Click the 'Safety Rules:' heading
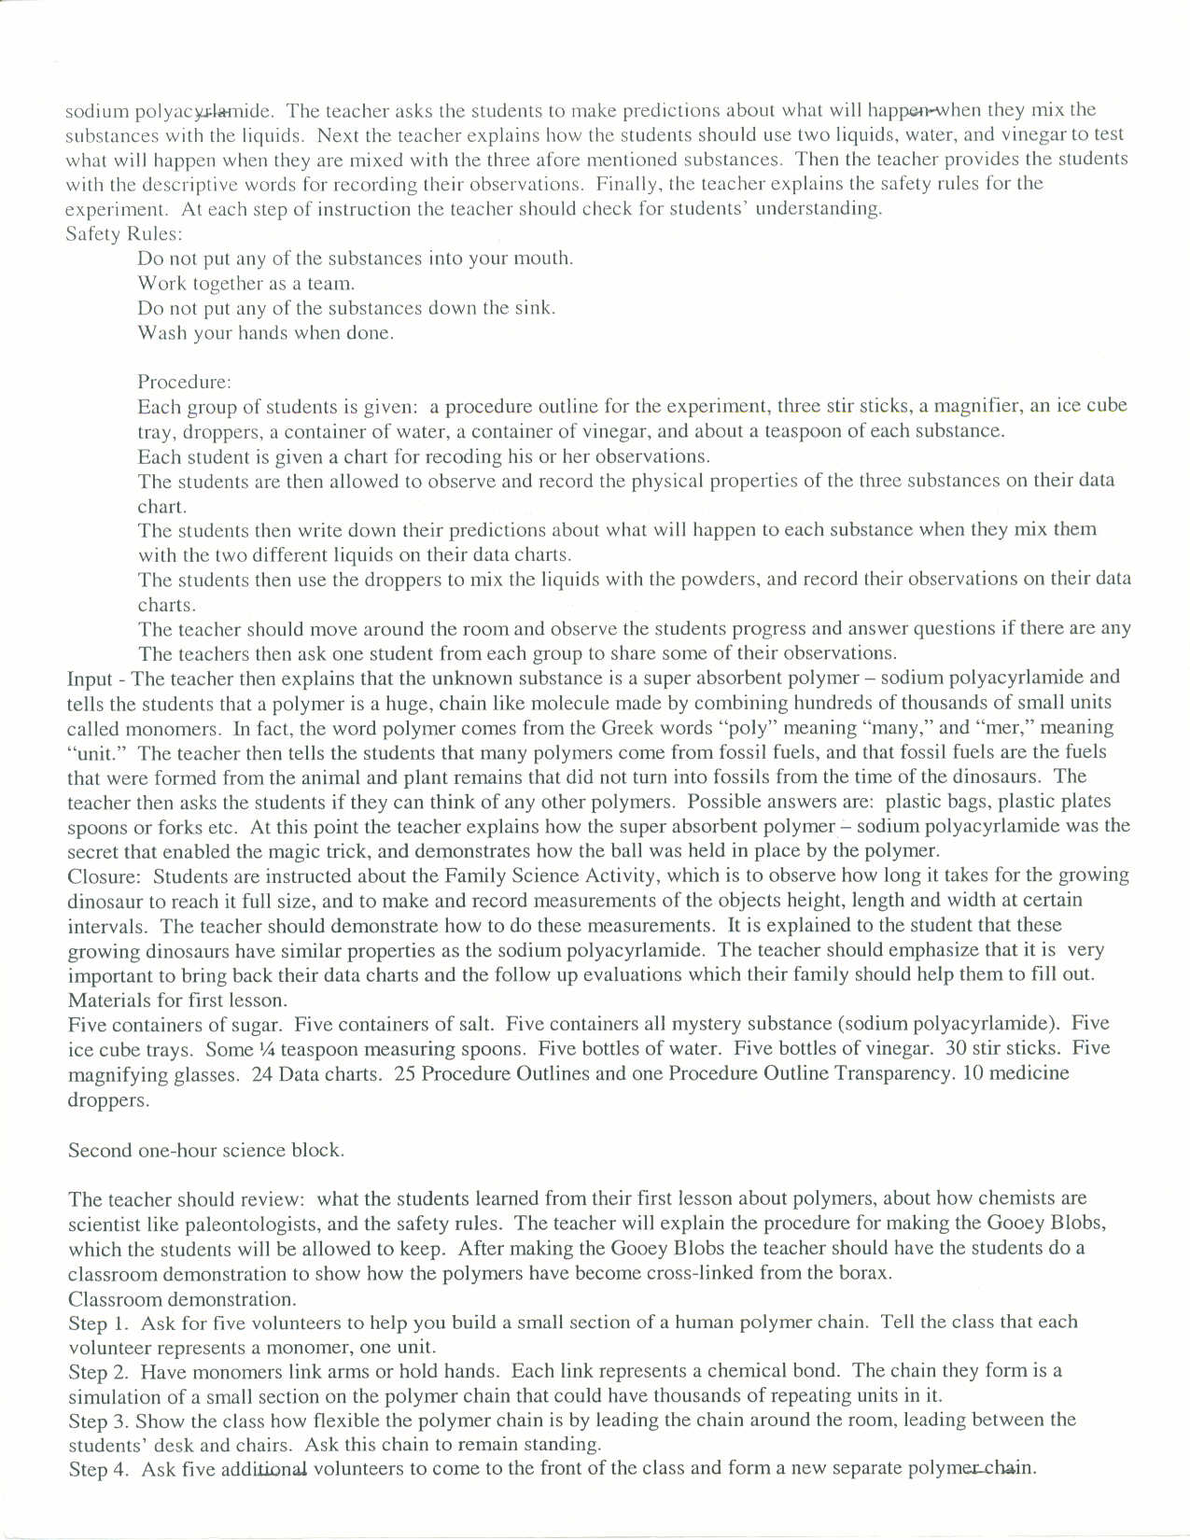pyautogui.click(x=124, y=233)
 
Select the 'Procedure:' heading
pyautogui.click(x=184, y=382)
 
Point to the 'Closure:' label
pyautogui.click(x=104, y=876)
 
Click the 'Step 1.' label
pyautogui.click(x=98, y=1323)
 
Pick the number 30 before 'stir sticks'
pyautogui.click(x=958, y=1049)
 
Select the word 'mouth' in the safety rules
pyautogui.click(x=544, y=259)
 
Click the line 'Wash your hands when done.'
pyautogui.click(x=265, y=333)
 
